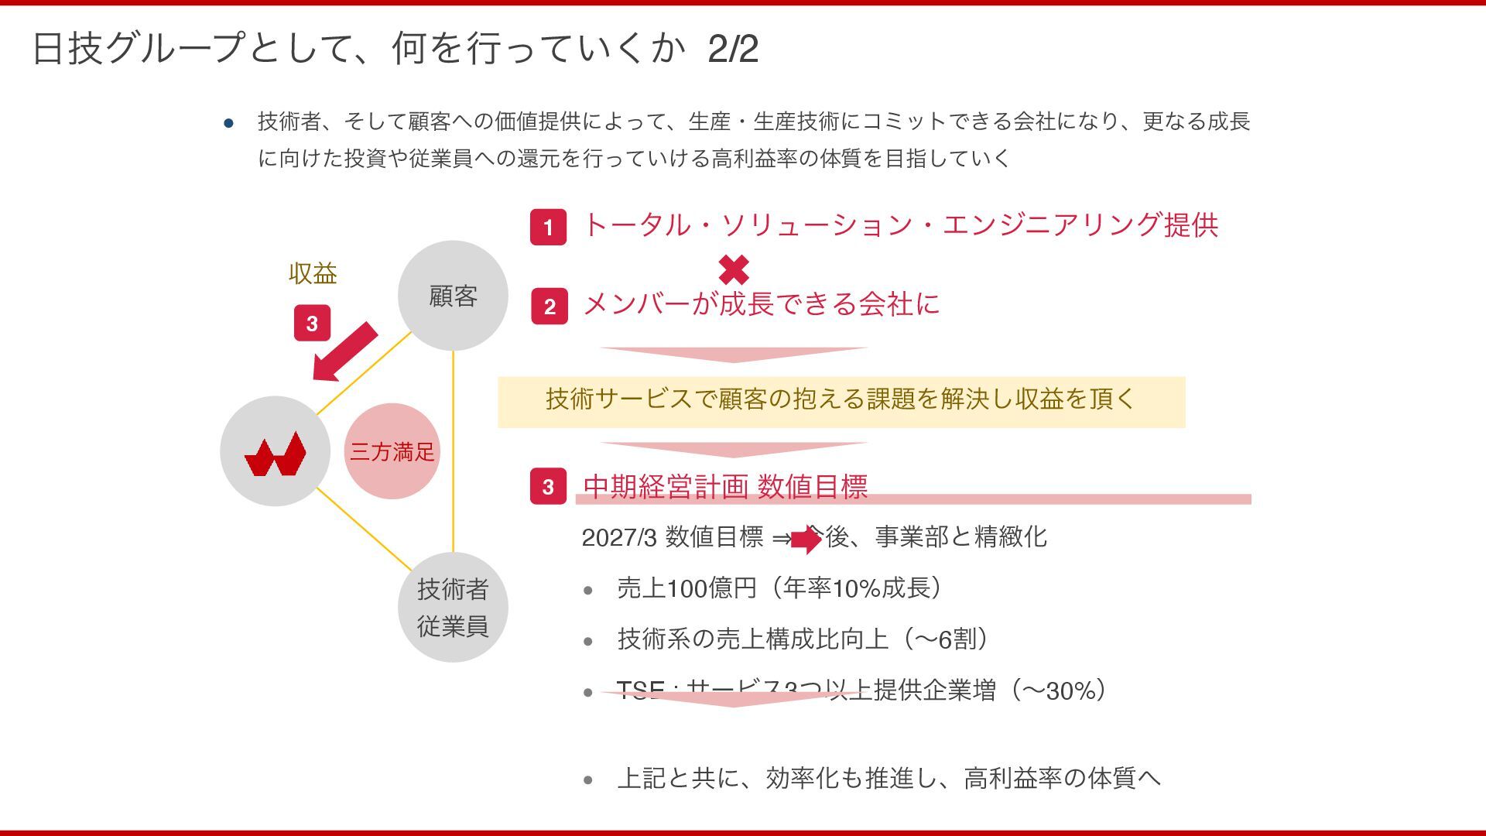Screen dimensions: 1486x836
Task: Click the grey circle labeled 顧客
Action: click(x=453, y=296)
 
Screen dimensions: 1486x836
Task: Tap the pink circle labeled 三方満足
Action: click(x=392, y=451)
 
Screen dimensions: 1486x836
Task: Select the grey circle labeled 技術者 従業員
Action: click(x=453, y=608)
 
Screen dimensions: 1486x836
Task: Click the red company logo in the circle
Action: click(x=276, y=454)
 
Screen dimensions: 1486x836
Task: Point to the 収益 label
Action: click(x=313, y=273)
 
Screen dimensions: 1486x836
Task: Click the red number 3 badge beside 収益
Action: click(x=312, y=324)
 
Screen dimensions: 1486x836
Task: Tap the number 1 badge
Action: click(x=548, y=227)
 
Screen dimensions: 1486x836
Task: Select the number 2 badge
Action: click(x=550, y=306)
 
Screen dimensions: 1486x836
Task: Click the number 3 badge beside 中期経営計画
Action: click(x=548, y=486)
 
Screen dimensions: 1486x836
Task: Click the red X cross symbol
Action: click(x=734, y=270)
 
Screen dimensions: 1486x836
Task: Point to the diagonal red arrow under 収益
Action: click(x=344, y=352)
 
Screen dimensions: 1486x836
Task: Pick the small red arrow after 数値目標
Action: click(x=806, y=539)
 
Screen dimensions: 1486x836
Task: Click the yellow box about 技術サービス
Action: click(x=841, y=402)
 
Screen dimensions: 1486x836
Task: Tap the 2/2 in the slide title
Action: click(x=732, y=50)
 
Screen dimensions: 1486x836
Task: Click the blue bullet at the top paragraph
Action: click(x=228, y=123)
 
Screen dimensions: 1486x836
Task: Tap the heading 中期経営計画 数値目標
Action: click(x=725, y=486)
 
